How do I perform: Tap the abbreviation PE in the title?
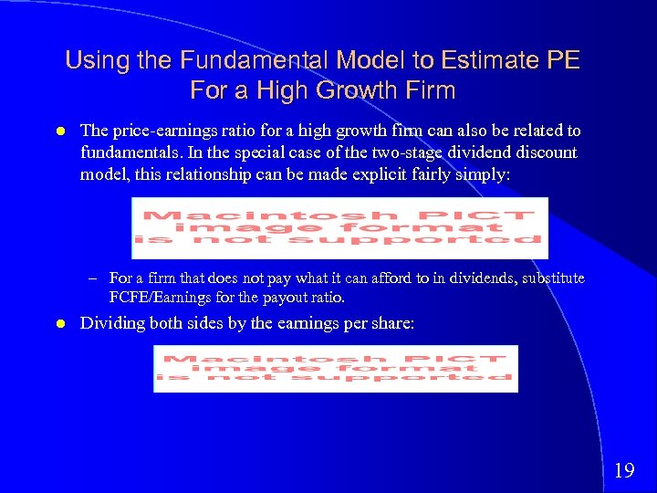[x=562, y=61]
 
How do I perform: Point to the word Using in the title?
[x=96, y=61]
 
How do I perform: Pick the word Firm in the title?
[x=430, y=91]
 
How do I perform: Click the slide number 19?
[x=624, y=471]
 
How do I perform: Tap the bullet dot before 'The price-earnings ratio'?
[x=58, y=131]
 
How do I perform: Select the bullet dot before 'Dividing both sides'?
[x=58, y=323]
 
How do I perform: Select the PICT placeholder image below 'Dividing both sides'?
[x=335, y=368]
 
